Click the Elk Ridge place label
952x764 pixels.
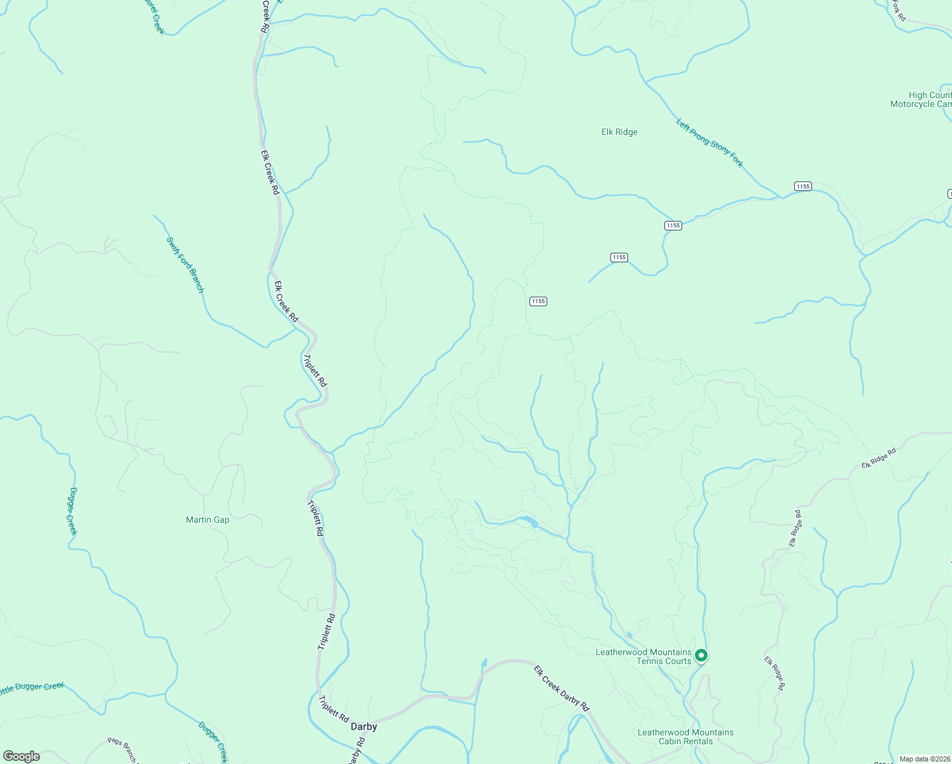[x=619, y=132]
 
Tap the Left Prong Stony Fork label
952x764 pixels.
[x=710, y=143]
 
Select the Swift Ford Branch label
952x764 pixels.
[x=185, y=265]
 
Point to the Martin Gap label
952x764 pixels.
[x=207, y=520]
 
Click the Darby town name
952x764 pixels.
[x=364, y=726]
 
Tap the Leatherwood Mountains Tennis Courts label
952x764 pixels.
[x=643, y=656]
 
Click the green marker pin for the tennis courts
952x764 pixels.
[x=701, y=654]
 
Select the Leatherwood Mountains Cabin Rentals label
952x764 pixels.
[x=685, y=737]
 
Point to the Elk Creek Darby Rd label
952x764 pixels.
[x=561, y=688]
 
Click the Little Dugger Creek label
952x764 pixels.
[x=32, y=688]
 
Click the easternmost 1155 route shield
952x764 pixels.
[x=803, y=186]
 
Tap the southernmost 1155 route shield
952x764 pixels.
[x=538, y=301]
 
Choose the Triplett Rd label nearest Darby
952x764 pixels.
[x=333, y=708]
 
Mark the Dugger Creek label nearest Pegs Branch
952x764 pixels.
[x=213, y=741]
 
